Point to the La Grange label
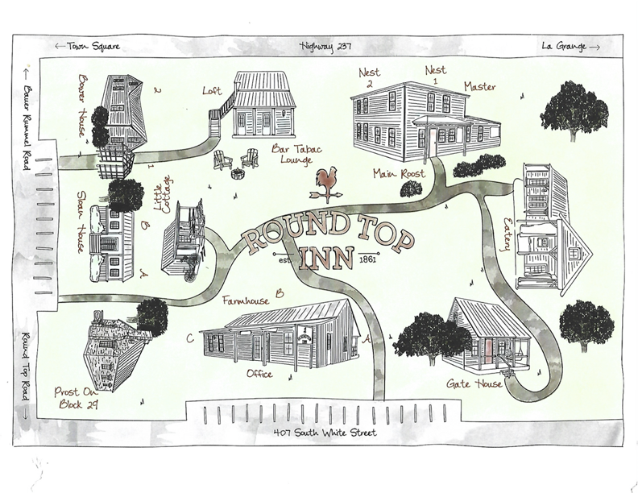(570, 46)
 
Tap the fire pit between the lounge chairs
(238, 174)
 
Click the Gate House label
(475, 383)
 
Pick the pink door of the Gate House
(488, 348)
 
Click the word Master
(479, 86)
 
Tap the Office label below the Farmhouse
(261, 374)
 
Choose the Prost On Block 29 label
(77, 397)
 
